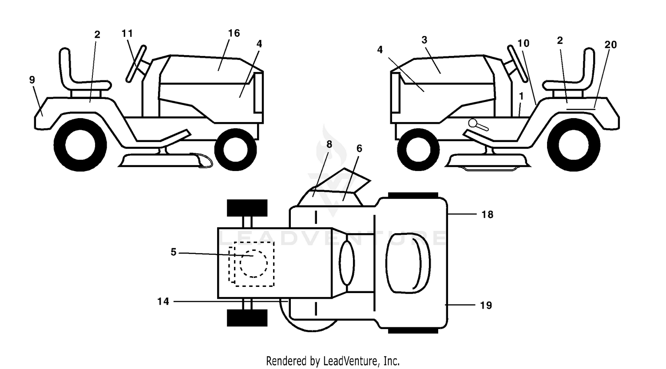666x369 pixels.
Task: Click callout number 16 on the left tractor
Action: [x=234, y=33]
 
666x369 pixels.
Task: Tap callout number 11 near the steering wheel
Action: [x=127, y=33]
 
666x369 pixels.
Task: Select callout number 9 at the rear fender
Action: [x=32, y=79]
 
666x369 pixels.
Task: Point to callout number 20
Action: [x=610, y=44]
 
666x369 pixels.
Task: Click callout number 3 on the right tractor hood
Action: [x=424, y=40]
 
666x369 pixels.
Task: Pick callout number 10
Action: [x=523, y=44]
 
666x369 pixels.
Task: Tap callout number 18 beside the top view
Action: [x=488, y=214]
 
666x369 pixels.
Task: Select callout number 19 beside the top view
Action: [x=486, y=306]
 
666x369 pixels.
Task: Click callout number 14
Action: [x=163, y=302]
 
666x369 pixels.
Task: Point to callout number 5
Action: [x=174, y=252]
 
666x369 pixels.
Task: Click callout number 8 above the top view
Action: [x=329, y=144]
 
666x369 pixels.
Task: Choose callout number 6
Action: [x=359, y=148]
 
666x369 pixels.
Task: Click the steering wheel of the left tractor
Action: [x=136, y=63]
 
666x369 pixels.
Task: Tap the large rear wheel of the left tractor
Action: [x=80, y=145]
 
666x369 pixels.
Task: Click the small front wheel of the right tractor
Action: [x=418, y=150]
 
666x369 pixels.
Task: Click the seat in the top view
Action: [x=408, y=263]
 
